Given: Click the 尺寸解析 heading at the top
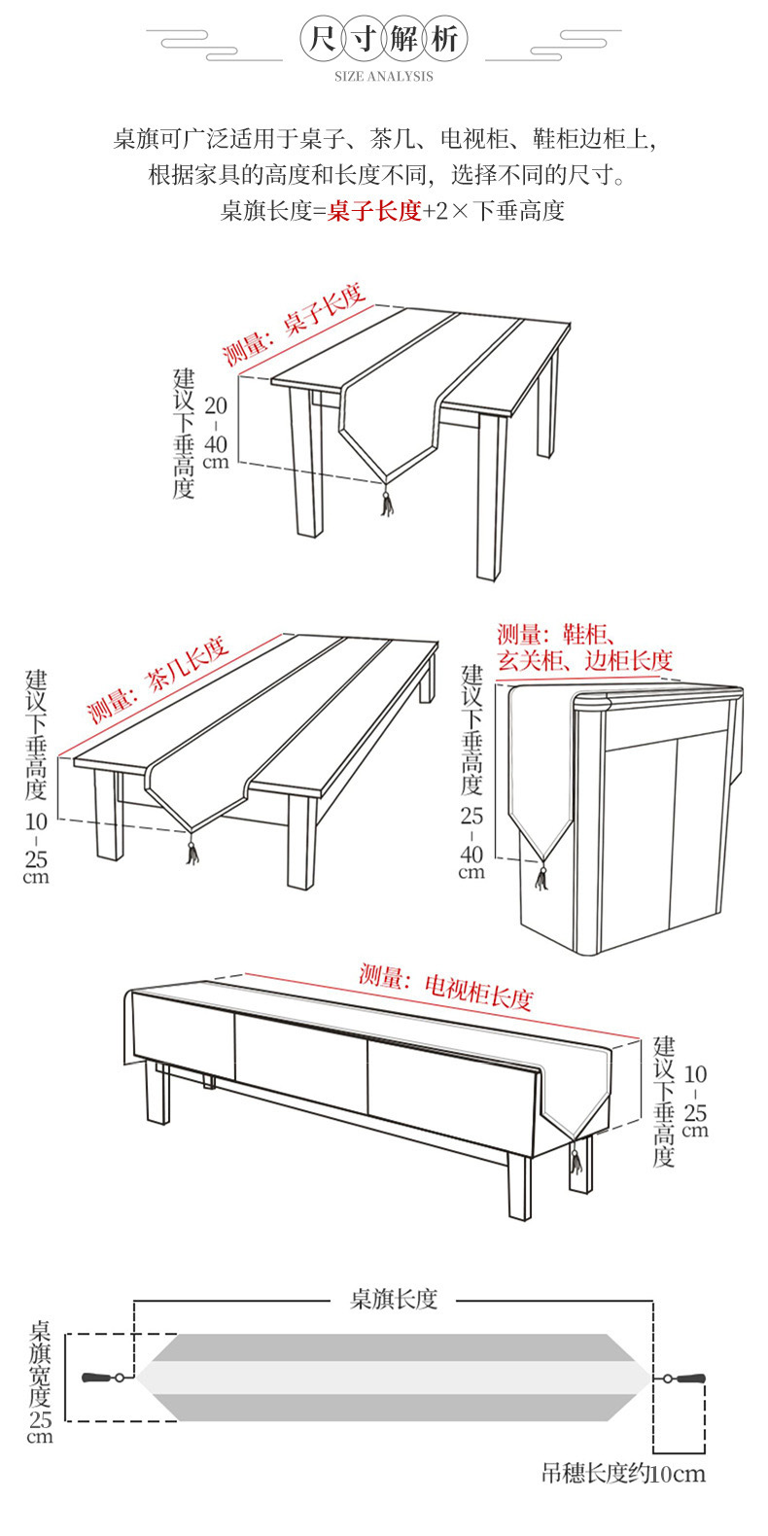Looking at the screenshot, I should coord(384,41).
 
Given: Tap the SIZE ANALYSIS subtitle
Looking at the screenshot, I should coord(384,76).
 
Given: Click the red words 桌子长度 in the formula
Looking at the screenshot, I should coord(374,211).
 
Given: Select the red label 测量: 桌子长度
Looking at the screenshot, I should coord(294,324).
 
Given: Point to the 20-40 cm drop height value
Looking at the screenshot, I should coord(216,432).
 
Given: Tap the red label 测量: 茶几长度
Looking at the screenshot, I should coord(158,680).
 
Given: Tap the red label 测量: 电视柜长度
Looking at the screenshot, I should coord(446,985).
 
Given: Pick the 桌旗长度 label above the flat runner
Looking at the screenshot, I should coord(394,1299).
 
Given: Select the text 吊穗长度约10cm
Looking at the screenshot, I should coord(623,1474).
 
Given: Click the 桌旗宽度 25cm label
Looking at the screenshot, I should coord(40,1380).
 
